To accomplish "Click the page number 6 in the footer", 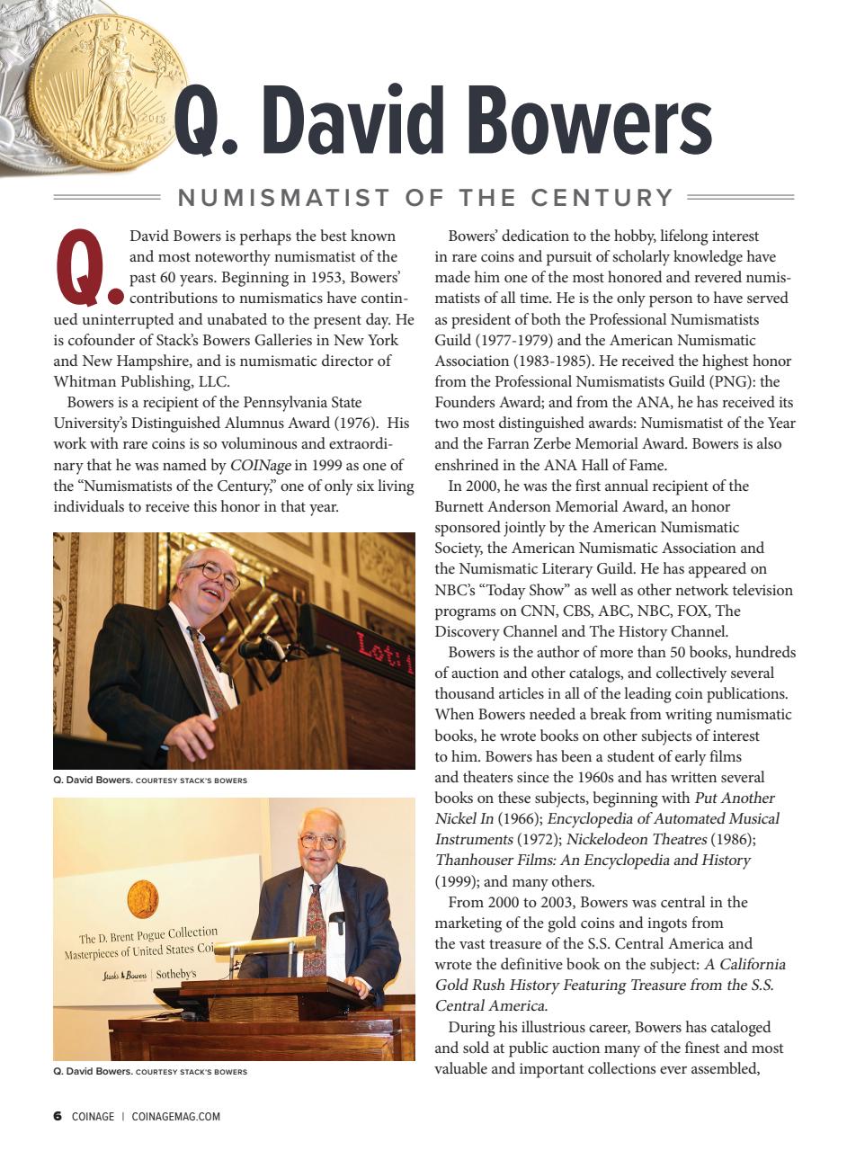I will [57, 1117].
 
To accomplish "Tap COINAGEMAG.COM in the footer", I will [176, 1117].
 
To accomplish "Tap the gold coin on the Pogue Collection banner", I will [142, 898].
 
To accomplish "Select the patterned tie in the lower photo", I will [315, 930].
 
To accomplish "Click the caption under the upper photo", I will [150, 780].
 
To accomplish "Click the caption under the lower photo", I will [150, 1072].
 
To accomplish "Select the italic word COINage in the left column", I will [261, 465].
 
